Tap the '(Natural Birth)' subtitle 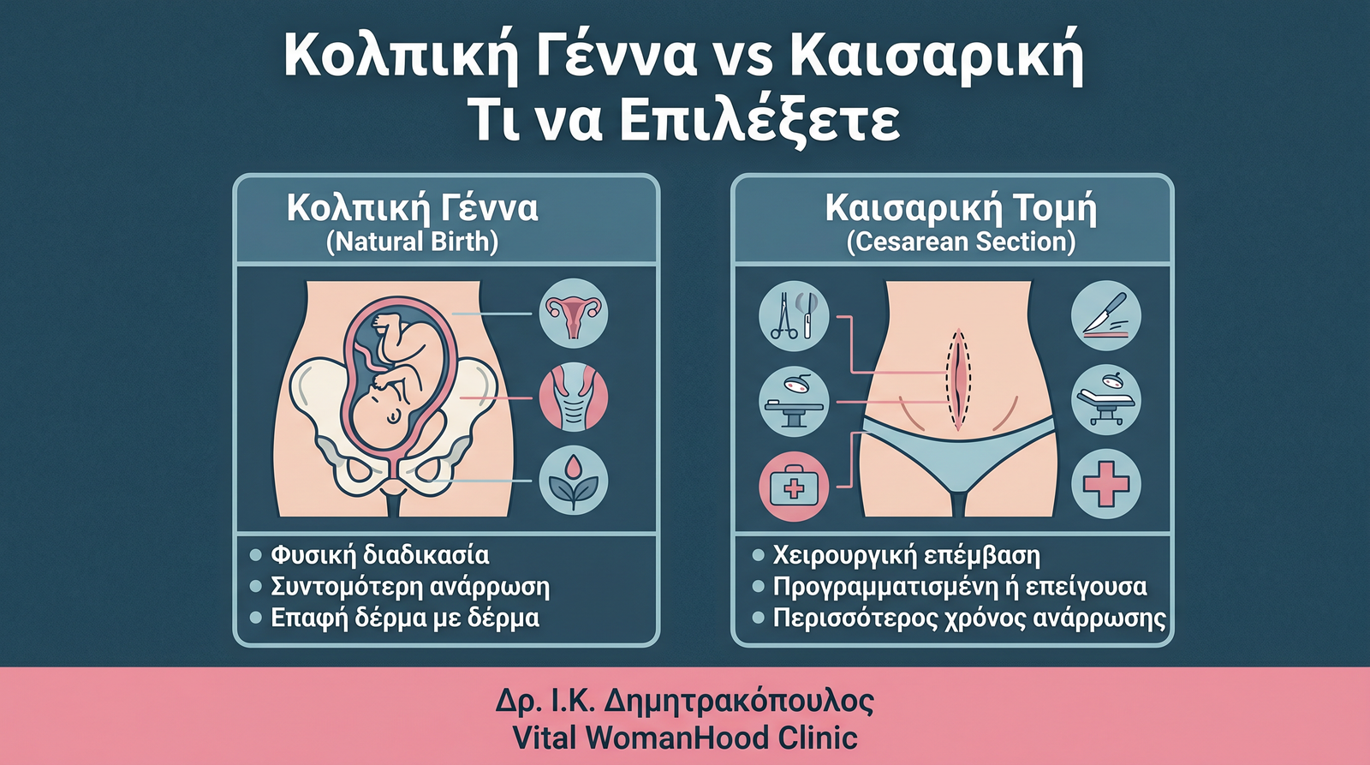click(x=412, y=242)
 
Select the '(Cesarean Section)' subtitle click(x=961, y=242)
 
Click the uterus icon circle click(x=573, y=314)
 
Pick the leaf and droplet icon click(x=573, y=479)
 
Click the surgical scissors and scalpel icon click(x=794, y=316)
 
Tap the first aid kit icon click(x=794, y=487)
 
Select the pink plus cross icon click(x=1105, y=484)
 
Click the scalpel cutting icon click(x=1105, y=315)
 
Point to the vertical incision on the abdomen click(x=958, y=380)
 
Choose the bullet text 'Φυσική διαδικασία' click(x=380, y=556)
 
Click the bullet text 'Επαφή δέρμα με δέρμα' click(x=405, y=618)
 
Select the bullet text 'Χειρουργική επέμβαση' click(x=907, y=556)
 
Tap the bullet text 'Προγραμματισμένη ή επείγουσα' click(x=960, y=587)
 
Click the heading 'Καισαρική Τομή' click(x=961, y=208)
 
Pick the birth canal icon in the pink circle click(x=573, y=397)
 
